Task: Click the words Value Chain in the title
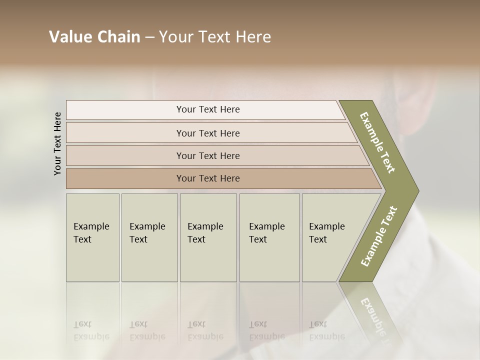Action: pyautogui.click(x=94, y=37)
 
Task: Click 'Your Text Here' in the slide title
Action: pyautogui.click(x=215, y=37)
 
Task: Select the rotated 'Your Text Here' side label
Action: pyautogui.click(x=57, y=143)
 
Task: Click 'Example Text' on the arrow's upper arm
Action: pyautogui.click(x=377, y=142)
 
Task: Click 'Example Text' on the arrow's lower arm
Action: pyautogui.click(x=378, y=236)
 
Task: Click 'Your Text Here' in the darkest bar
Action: pyautogui.click(x=208, y=178)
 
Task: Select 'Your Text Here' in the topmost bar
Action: pyautogui.click(x=208, y=109)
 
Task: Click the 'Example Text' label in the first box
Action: pyautogui.click(x=91, y=233)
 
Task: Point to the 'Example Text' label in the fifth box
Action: pyautogui.click(x=326, y=233)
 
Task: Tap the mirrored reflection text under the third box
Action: pyautogui.click(x=205, y=331)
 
